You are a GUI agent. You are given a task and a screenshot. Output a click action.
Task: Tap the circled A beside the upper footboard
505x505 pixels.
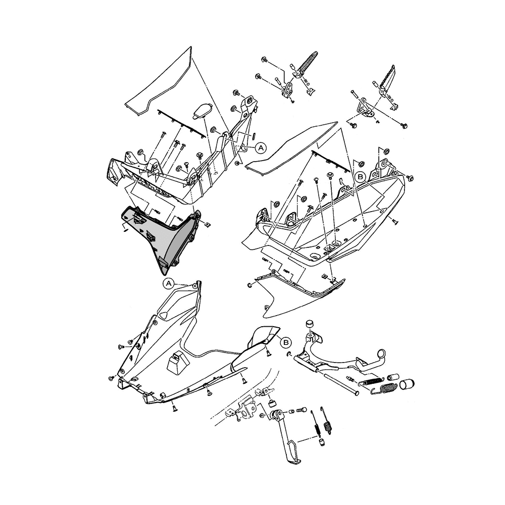pyautogui.click(x=261, y=148)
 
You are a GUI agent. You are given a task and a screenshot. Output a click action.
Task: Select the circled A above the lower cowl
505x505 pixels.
pyautogui.click(x=169, y=284)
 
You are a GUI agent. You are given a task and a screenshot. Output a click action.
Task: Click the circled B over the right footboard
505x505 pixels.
pyautogui.click(x=361, y=177)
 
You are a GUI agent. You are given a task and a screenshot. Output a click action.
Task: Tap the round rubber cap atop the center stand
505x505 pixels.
pyautogui.click(x=310, y=324)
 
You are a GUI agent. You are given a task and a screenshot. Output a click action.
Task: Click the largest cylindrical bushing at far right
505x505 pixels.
pyautogui.click(x=407, y=384)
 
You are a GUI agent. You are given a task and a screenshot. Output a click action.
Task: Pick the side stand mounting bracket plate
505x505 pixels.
pyautogui.click(x=246, y=411)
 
